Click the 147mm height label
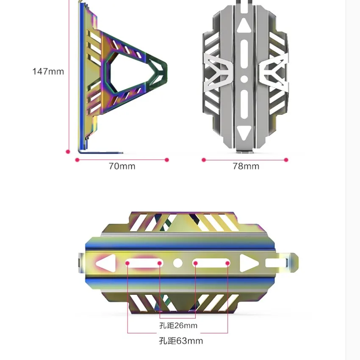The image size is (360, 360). [x=48, y=72]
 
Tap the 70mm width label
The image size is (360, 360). [x=122, y=166]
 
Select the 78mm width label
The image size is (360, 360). [x=246, y=166]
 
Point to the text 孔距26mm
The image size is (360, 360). [x=178, y=326]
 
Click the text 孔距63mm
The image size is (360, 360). [x=181, y=341]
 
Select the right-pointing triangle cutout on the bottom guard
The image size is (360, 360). [x=248, y=263]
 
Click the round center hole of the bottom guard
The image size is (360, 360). [x=178, y=263]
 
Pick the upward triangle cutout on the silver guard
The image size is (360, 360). [x=244, y=25]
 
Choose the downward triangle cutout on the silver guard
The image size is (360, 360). [x=244, y=133]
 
